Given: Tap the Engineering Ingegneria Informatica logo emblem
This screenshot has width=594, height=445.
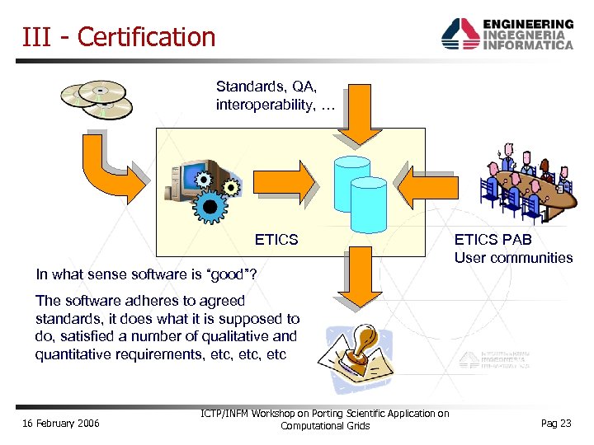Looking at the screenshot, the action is [460, 35].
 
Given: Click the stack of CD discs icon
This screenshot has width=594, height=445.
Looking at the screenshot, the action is [97, 100].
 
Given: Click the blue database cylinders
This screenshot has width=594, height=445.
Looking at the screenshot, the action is [358, 193].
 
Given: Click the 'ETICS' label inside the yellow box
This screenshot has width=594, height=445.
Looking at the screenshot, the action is [276, 240].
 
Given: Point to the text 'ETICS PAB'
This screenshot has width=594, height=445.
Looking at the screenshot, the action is [493, 240].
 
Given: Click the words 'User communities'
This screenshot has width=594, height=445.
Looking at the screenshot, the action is [513, 258].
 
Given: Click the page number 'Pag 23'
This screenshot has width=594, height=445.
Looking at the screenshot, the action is [555, 424].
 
